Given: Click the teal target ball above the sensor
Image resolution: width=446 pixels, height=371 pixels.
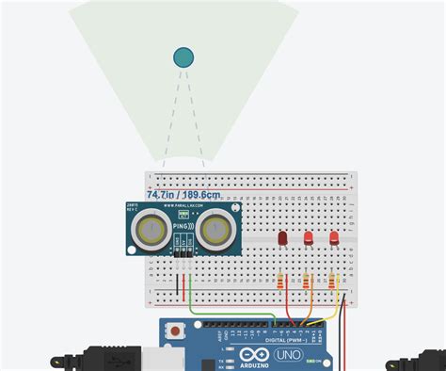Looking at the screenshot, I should coord(183,57).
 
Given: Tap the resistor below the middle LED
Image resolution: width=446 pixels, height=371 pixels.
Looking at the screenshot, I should coord(308,280).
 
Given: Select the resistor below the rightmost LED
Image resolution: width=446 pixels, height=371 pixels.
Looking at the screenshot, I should coord(333,280).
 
